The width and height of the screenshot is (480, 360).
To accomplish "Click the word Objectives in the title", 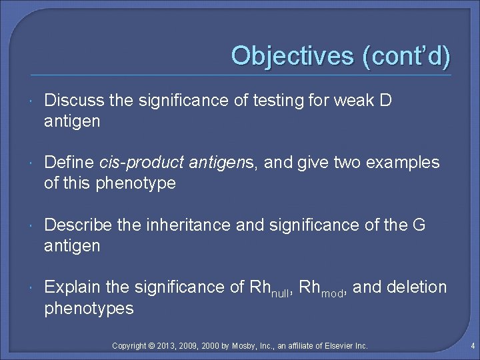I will coord(293,55).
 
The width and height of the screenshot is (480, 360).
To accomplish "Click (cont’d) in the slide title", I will coord(406,55).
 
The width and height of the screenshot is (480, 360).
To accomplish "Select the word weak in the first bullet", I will coord(341,101).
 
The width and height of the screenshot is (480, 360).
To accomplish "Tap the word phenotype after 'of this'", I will coord(135,183).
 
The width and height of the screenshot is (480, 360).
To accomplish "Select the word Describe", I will coord(76,225).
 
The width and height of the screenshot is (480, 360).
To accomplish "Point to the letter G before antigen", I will coord(419,225).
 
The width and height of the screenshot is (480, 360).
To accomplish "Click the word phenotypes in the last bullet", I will coord(89,308).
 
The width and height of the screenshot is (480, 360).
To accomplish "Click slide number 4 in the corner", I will coord(471,346).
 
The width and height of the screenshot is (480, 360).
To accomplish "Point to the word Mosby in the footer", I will coord(247,346).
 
